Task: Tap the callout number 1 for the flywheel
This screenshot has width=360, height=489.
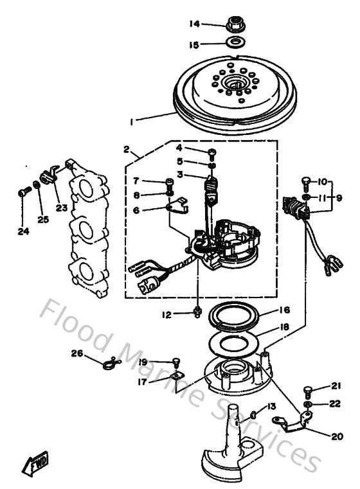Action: pos(131,120)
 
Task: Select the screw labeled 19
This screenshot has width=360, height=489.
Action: pos(175,363)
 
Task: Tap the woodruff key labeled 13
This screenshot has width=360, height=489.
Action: pos(254,415)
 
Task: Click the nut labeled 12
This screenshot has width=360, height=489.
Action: pos(199,312)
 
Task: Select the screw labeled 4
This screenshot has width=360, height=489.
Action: pos(212,152)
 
